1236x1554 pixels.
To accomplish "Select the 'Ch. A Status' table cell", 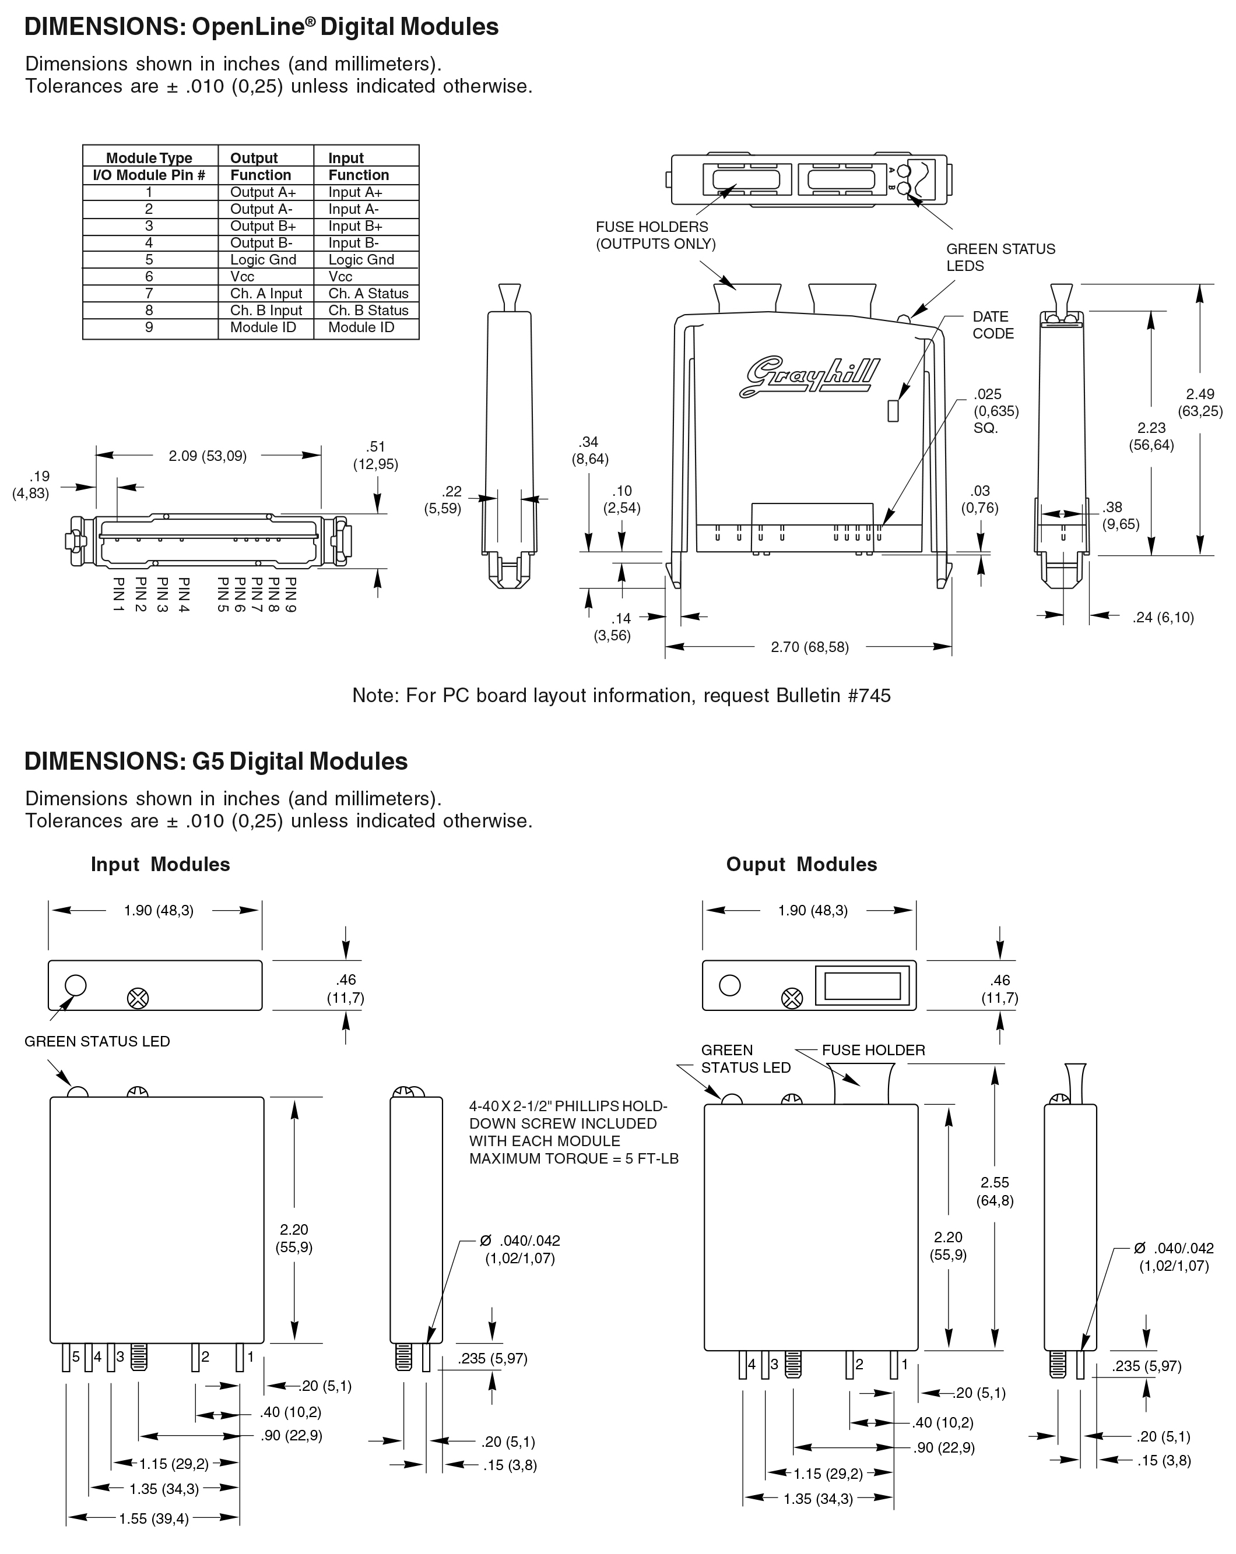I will tap(368, 293).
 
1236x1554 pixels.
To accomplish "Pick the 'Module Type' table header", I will tap(149, 158).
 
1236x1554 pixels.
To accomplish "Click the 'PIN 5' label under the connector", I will tap(223, 595).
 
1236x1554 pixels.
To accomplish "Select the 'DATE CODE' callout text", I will tap(992, 325).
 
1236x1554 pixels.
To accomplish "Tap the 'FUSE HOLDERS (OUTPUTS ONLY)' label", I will tap(655, 235).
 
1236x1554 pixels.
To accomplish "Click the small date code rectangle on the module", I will tap(893, 410).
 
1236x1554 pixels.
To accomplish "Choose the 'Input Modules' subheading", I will tap(160, 864).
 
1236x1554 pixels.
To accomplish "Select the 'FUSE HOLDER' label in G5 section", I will tap(873, 1050).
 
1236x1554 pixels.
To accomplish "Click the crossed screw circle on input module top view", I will tap(138, 998).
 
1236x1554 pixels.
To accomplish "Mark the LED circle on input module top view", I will tap(76, 985).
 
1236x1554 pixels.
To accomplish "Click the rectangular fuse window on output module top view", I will tap(862, 985).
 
